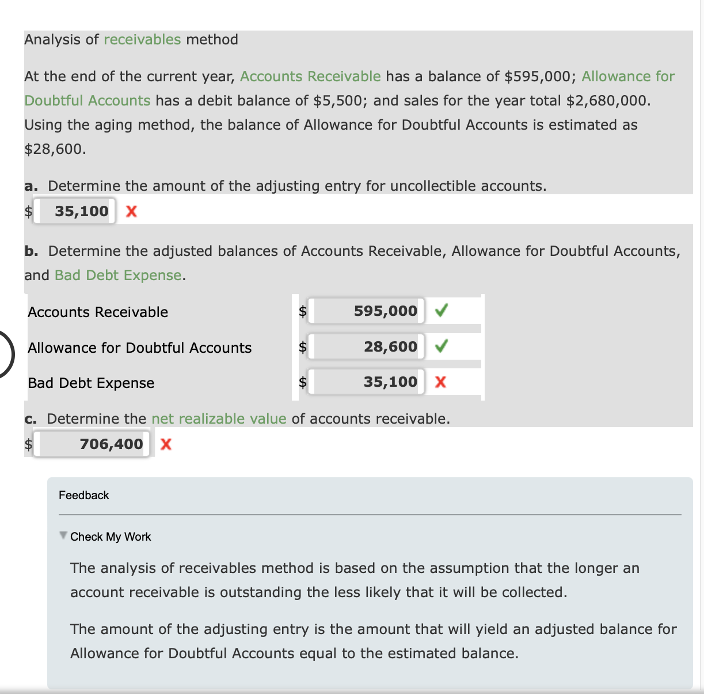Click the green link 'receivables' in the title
point(142,40)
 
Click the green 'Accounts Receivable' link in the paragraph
point(310,77)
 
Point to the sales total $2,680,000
point(607,101)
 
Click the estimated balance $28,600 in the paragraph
point(54,149)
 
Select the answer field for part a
point(75,211)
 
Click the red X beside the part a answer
point(131,212)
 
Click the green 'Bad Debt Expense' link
point(118,276)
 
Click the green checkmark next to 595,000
point(441,311)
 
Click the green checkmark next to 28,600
point(441,347)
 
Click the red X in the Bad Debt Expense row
point(440,382)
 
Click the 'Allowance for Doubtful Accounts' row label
point(140,348)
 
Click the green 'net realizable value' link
point(219,419)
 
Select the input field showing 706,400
point(92,444)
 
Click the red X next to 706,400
point(166,444)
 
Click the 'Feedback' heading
point(84,496)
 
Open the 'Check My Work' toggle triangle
point(63,535)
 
